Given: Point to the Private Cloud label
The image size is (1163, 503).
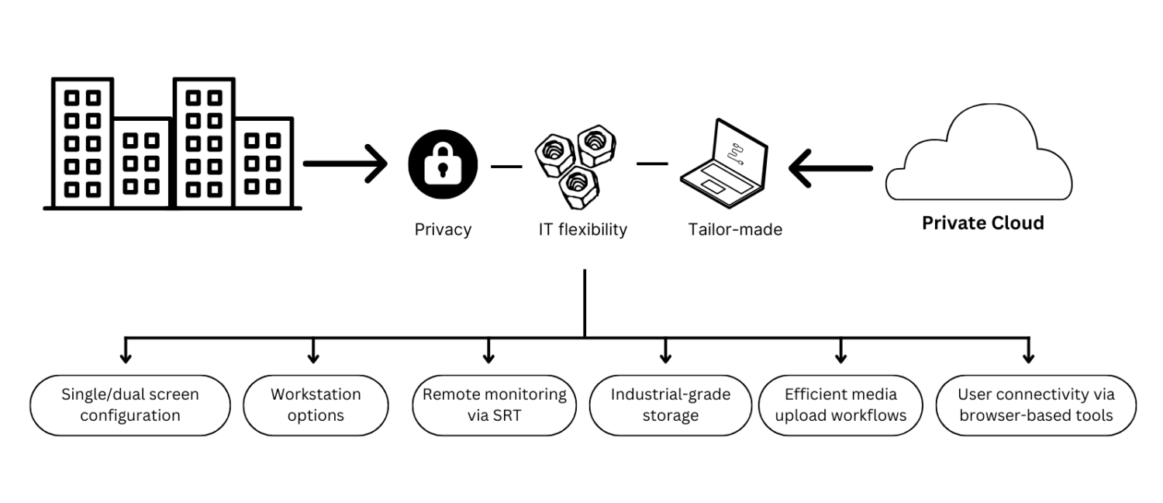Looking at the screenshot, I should click(x=982, y=223).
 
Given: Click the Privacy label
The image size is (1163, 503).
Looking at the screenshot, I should click(x=443, y=229).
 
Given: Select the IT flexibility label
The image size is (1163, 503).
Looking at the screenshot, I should click(x=582, y=229).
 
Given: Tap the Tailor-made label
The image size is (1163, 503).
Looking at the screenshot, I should click(x=735, y=229).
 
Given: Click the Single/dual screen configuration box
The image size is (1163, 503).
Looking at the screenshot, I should click(x=130, y=405).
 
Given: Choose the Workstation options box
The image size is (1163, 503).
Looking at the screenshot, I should click(x=316, y=405).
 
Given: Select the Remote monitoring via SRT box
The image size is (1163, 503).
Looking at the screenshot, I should click(x=495, y=405).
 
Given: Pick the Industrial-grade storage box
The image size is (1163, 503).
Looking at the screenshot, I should click(x=670, y=405).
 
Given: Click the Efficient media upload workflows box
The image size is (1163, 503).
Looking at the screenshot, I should click(x=840, y=405).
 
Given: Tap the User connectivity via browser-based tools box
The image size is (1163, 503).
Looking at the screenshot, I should click(x=1036, y=405).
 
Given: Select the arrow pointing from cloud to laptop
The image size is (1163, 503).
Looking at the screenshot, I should click(x=830, y=168).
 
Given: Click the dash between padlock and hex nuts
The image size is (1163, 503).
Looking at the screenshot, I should click(x=506, y=166).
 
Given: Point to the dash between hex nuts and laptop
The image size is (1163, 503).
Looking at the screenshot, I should click(x=652, y=164).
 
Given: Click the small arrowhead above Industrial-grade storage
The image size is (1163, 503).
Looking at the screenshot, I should click(x=665, y=357).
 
